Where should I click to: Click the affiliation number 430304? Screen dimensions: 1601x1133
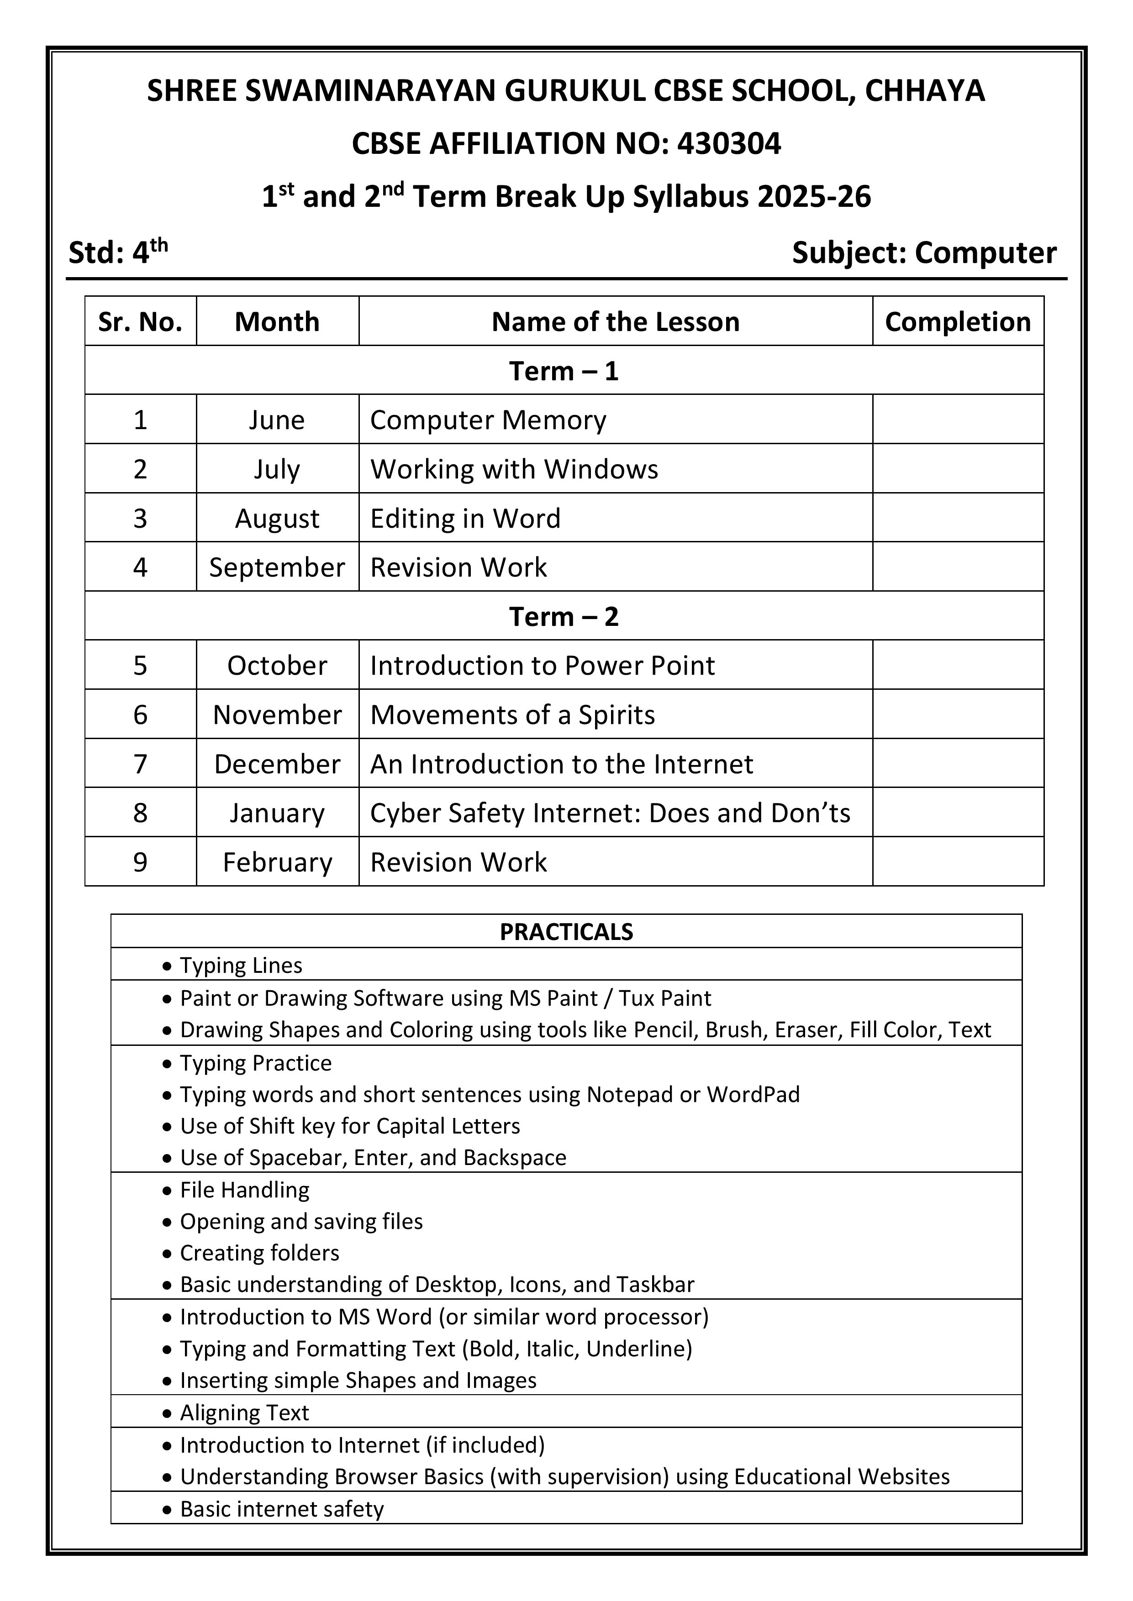pyautogui.click(x=729, y=144)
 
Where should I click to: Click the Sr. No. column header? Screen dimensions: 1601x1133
pyautogui.click(x=140, y=321)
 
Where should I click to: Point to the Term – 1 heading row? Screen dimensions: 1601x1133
pyautogui.click(x=564, y=371)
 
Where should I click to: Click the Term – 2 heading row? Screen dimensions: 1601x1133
pyautogui.click(x=564, y=616)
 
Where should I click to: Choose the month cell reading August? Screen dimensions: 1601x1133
pyautogui.click(x=277, y=518)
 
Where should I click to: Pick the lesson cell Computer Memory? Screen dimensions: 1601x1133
pyautogui.click(x=488, y=420)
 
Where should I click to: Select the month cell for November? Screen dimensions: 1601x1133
pyautogui.click(x=277, y=715)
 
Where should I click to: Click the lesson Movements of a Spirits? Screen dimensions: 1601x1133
pyautogui.click(x=512, y=715)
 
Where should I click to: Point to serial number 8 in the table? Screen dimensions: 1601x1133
pyautogui.click(x=140, y=813)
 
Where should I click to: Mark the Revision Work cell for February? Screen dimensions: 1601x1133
pyautogui.click(x=458, y=862)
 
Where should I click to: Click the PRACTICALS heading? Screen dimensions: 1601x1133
pyautogui.click(x=566, y=932)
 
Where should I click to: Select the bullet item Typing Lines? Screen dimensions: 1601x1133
pyautogui.click(x=241, y=965)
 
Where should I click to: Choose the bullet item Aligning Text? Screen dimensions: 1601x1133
pyautogui.click(x=244, y=1412)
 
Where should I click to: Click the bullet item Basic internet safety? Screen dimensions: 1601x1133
pyautogui.click(x=282, y=1508)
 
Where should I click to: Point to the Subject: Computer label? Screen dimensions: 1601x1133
pyautogui.click(x=924, y=252)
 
